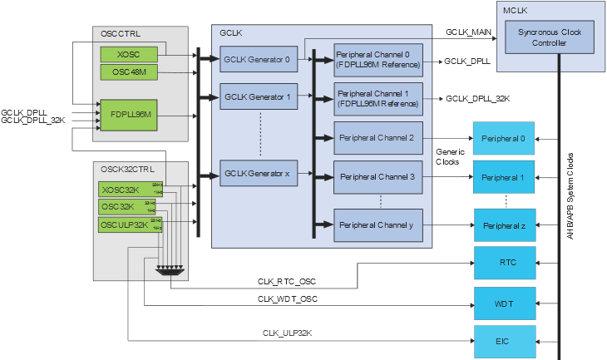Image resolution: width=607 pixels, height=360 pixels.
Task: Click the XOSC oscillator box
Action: point(129,54)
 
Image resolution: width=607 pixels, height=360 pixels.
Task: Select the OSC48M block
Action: point(129,72)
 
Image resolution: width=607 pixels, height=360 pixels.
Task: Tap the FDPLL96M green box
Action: point(129,113)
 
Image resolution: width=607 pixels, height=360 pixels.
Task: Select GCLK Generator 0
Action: point(257,59)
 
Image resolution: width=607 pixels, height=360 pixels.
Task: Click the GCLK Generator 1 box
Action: point(257,96)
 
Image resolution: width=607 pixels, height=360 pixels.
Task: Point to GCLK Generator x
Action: point(257,175)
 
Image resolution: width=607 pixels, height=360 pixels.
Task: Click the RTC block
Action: point(504,263)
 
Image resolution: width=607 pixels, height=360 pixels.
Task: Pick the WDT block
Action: point(504,303)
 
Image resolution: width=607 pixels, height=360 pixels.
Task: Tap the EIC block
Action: point(504,340)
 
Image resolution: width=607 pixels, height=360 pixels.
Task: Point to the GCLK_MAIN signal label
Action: point(469,32)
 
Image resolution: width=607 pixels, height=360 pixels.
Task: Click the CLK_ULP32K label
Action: point(287,333)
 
